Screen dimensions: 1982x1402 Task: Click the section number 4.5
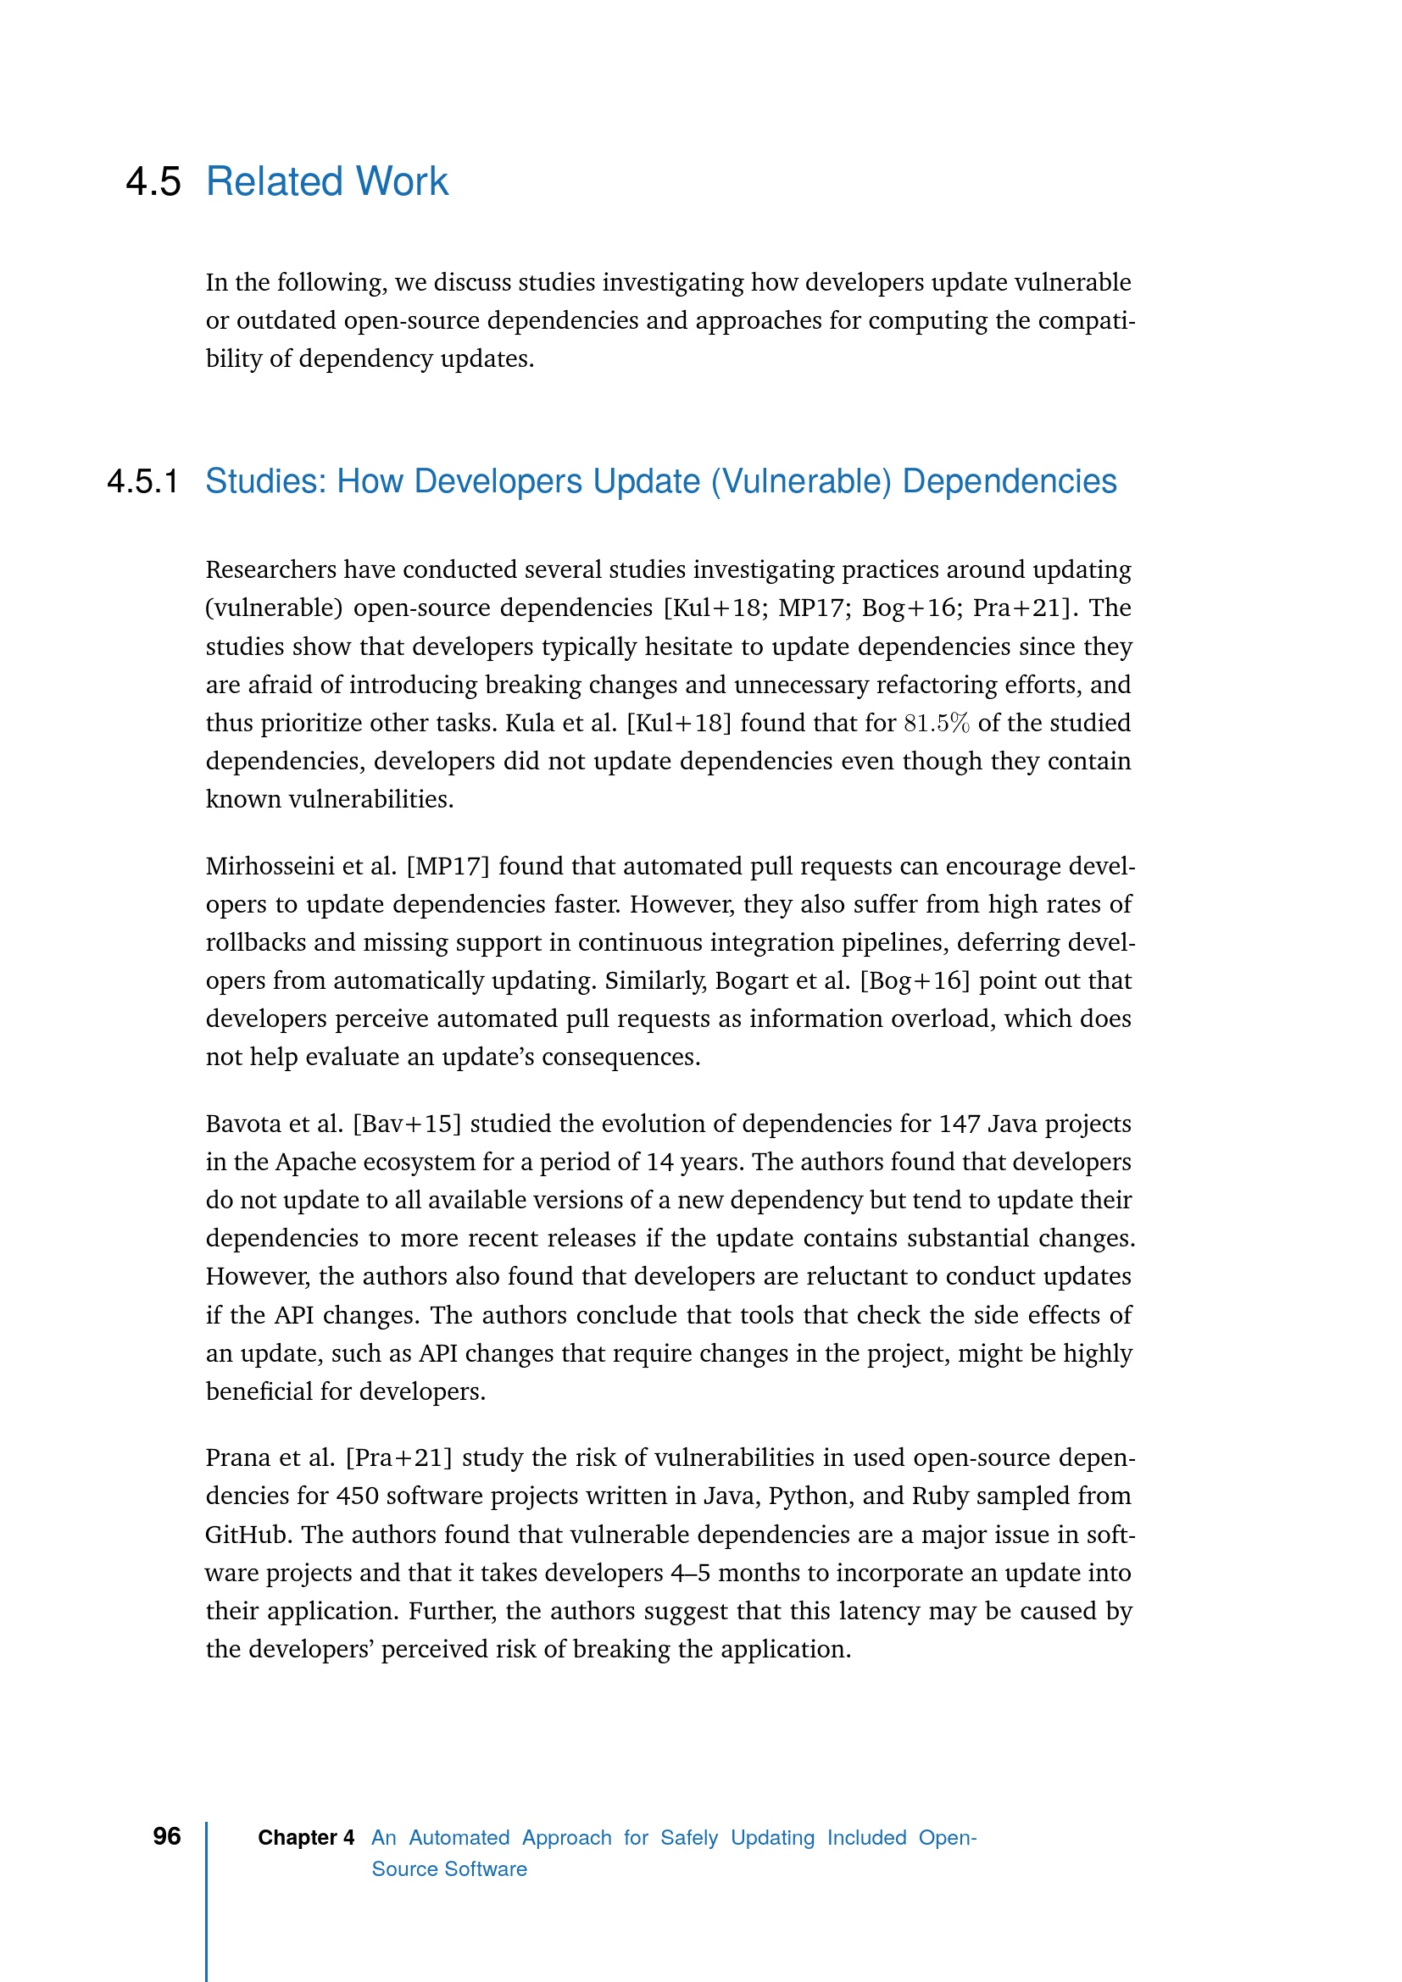[x=153, y=182]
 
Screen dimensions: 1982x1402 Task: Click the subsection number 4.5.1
[x=142, y=481]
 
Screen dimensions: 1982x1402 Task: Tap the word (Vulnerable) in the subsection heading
[x=800, y=481]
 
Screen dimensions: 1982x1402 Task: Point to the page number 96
[x=167, y=1836]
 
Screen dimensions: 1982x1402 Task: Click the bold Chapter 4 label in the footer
[x=306, y=1838]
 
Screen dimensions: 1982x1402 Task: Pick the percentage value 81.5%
[x=936, y=723]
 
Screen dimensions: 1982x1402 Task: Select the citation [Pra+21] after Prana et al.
[x=399, y=1458]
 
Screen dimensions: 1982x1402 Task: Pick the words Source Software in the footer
[x=449, y=1869]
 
